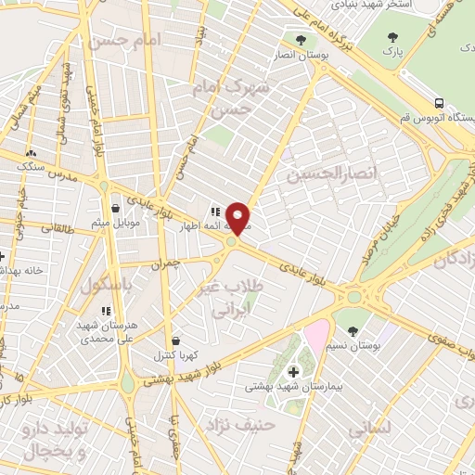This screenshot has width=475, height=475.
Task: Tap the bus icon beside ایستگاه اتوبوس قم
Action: pyautogui.click(x=439, y=103)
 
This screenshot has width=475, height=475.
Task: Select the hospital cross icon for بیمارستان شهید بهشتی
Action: pyautogui.click(x=294, y=371)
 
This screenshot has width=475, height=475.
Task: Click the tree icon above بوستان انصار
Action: pyautogui.click(x=300, y=40)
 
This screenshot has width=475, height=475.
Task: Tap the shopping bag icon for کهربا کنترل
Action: pyautogui.click(x=175, y=341)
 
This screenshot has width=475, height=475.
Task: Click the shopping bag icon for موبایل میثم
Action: pyautogui.click(x=114, y=209)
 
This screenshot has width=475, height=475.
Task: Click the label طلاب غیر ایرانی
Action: pyautogui.click(x=231, y=299)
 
